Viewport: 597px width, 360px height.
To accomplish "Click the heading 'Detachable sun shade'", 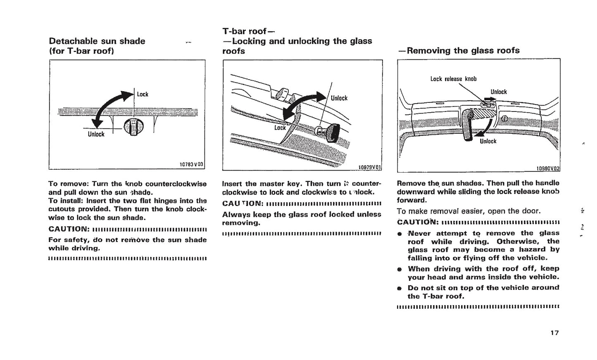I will pos(97,41).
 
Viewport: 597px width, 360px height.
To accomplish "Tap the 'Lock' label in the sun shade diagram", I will pos(143,95).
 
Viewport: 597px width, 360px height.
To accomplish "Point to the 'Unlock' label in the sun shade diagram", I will pos(96,134).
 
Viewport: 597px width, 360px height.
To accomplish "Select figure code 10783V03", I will pos(191,164).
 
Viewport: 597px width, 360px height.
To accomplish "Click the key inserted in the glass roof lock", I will pos(329,133).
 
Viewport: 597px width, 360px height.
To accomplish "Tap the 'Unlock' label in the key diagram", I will pos(339,98).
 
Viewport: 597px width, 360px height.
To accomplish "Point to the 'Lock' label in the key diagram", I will pos(280,128).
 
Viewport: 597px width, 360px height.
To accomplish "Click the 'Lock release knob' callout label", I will pos(453,79).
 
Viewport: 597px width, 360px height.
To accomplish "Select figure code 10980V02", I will pos(547,168).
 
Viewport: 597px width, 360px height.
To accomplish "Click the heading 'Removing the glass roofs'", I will pos(459,51).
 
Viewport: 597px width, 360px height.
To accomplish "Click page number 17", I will pos(554,333).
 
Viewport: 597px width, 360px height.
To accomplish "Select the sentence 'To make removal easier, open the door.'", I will pos(469,211).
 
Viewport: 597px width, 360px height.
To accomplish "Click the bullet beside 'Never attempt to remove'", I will pos(400,234).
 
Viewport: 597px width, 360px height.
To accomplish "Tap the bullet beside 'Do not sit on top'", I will pos(400,288).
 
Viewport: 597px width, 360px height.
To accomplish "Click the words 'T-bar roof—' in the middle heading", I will pos(248,31).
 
